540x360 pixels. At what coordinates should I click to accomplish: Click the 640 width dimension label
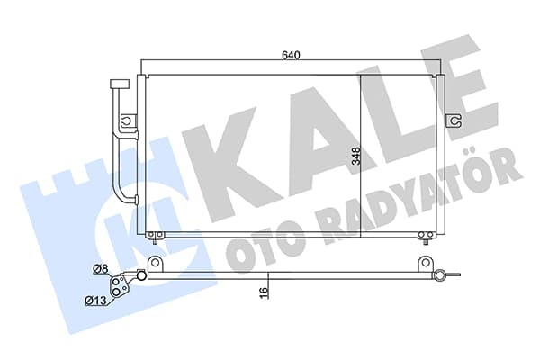(x=291, y=55)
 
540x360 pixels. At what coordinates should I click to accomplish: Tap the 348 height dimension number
(x=355, y=156)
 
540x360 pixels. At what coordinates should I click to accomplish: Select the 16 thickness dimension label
(x=264, y=292)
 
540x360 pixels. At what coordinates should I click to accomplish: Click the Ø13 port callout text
(x=95, y=301)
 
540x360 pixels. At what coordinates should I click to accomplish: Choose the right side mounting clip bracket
(x=454, y=121)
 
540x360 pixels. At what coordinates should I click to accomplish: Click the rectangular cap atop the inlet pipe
(x=119, y=85)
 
